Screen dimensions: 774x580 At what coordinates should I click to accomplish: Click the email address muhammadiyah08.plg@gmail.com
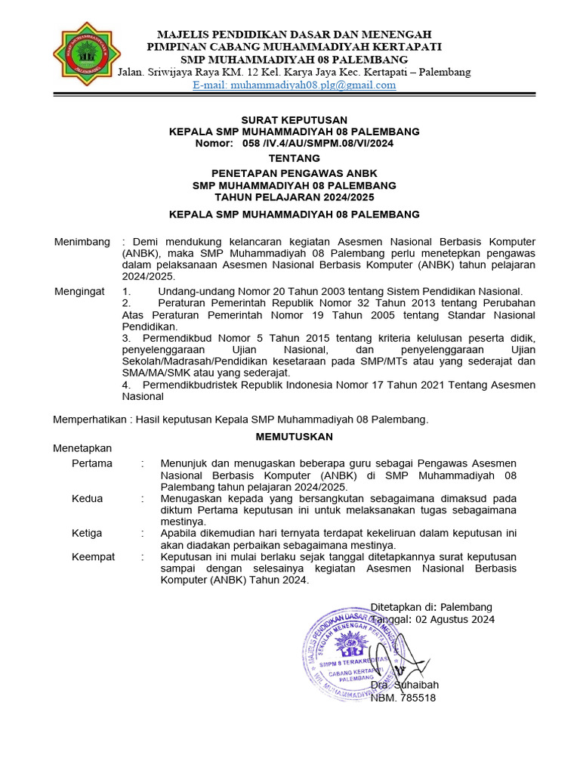(x=295, y=85)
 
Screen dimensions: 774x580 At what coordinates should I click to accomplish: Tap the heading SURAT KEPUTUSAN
(x=294, y=119)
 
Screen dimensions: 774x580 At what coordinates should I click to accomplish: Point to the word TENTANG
(x=294, y=158)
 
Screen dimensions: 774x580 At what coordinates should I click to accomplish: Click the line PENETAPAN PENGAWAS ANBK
(x=294, y=173)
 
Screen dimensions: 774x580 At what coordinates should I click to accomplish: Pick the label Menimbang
(x=82, y=242)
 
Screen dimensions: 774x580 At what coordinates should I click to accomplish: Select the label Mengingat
(x=80, y=291)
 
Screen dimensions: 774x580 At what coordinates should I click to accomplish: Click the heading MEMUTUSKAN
(x=294, y=436)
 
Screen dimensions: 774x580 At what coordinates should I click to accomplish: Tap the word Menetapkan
(x=82, y=448)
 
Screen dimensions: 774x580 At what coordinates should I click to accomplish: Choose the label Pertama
(x=92, y=463)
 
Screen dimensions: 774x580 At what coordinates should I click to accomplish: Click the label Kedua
(x=87, y=498)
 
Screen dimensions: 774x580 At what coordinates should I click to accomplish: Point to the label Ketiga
(x=87, y=533)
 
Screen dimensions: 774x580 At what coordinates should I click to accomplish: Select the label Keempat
(x=93, y=556)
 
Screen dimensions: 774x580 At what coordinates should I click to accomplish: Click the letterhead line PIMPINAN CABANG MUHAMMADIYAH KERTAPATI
(x=294, y=47)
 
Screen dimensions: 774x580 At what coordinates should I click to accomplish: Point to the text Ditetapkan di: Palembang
(x=430, y=607)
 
